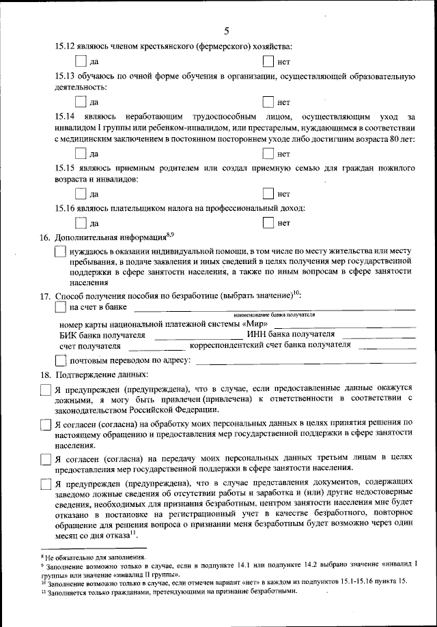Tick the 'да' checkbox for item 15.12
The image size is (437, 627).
[x=81, y=62]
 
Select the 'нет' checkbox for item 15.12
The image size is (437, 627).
[x=268, y=62]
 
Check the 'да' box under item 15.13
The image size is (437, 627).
[x=81, y=102]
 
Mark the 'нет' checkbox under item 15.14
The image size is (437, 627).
[x=268, y=154]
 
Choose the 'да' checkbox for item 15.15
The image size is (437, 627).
[x=81, y=194]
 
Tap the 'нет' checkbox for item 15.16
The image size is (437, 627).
[x=268, y=222]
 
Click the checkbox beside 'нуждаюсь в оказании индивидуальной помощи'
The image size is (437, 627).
[x=60, y=252]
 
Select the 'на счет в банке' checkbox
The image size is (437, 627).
[x=60, y=308]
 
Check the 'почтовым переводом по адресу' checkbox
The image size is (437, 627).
[x=60, y=360]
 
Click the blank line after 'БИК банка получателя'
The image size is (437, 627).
[x=197, y=336]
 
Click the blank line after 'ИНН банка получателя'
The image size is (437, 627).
[x=378, y=336]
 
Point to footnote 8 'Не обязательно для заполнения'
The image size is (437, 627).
[x=96, y=557]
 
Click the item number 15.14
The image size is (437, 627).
[x=65, y=117]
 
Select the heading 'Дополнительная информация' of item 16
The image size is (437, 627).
[x=110, y=237]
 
